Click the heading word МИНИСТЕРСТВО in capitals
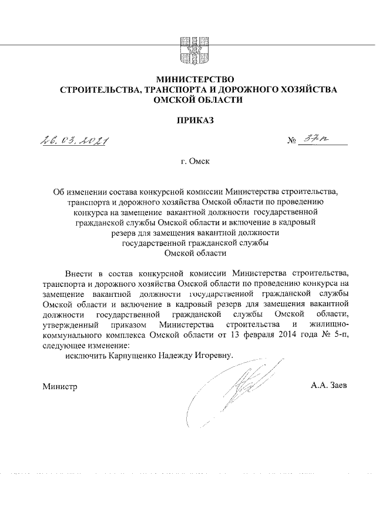194,79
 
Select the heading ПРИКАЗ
194,121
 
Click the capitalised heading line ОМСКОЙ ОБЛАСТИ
194,100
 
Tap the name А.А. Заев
330,386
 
